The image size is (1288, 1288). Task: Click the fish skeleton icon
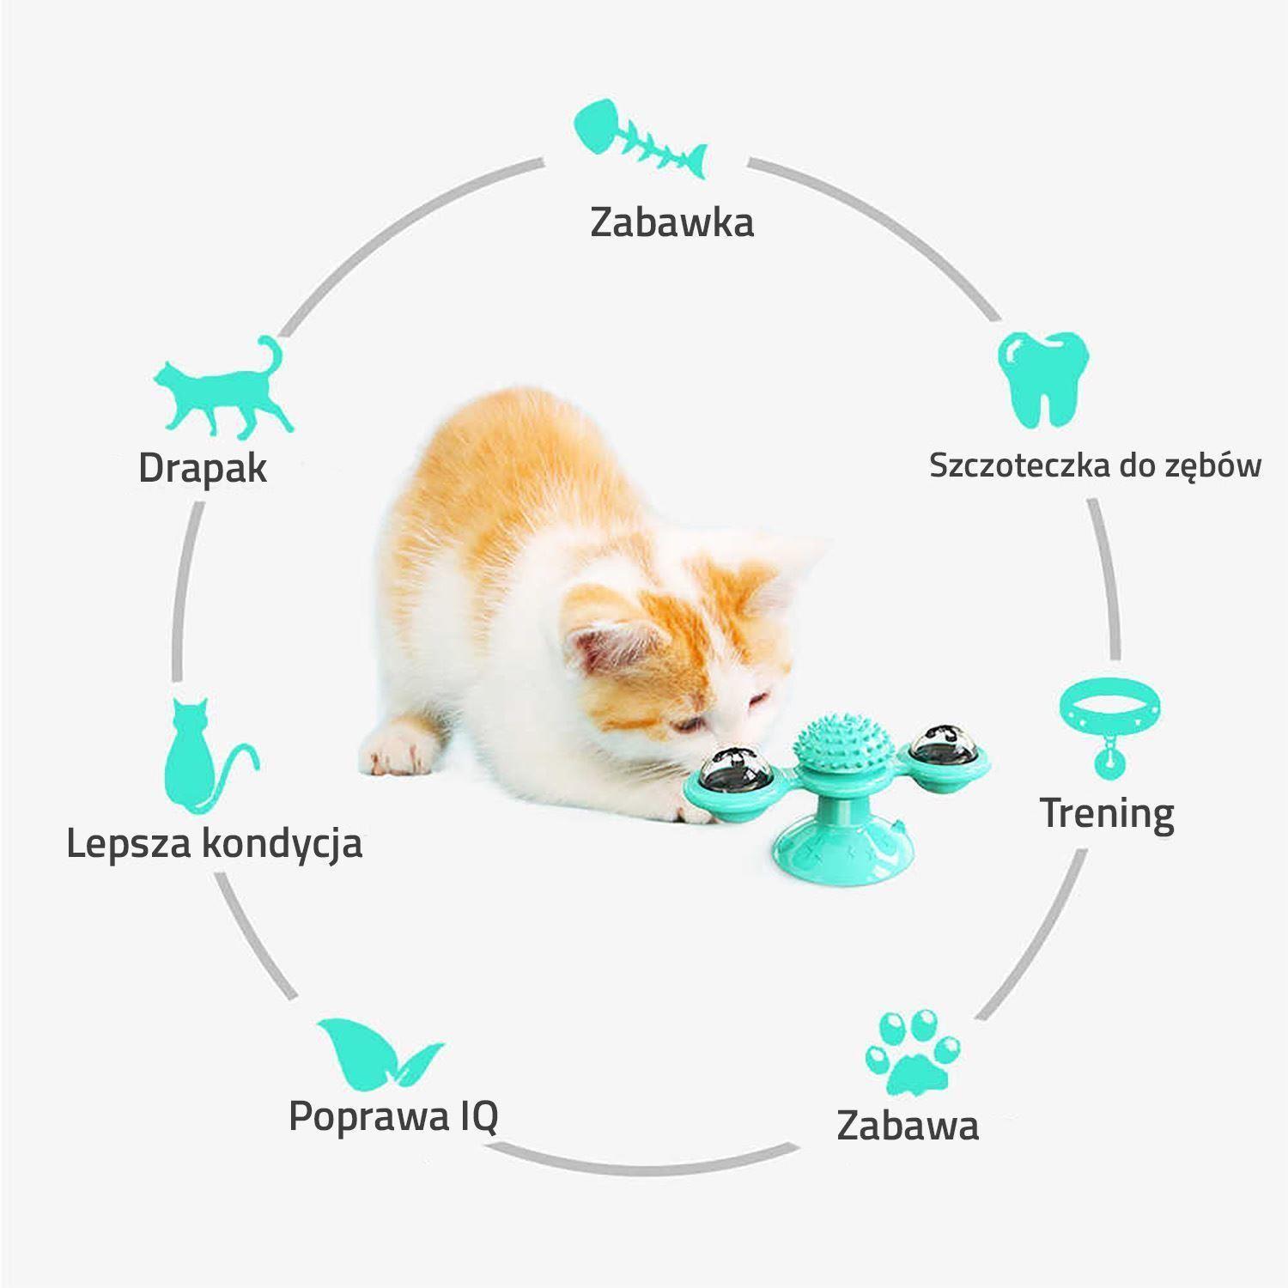(640, 140)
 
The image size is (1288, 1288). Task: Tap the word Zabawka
(671, 222)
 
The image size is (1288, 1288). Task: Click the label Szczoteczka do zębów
(1095, 465)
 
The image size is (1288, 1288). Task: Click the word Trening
(1107, 812)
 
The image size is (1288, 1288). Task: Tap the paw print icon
(912, 1053)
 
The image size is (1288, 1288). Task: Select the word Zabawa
(908, 1125)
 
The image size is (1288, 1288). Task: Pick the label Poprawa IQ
(393, 1115)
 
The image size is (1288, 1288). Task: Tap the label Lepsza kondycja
(214, 843)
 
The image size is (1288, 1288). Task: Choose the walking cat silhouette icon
(222, 386)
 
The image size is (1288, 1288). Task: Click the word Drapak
(203, 468)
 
